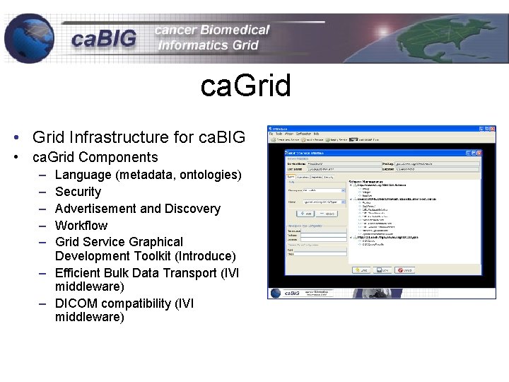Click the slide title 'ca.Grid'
245,86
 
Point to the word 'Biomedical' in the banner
235,30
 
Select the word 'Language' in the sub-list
83,175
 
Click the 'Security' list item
78,192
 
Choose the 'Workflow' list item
81,226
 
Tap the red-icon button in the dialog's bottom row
404,270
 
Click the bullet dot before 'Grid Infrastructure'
14,137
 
